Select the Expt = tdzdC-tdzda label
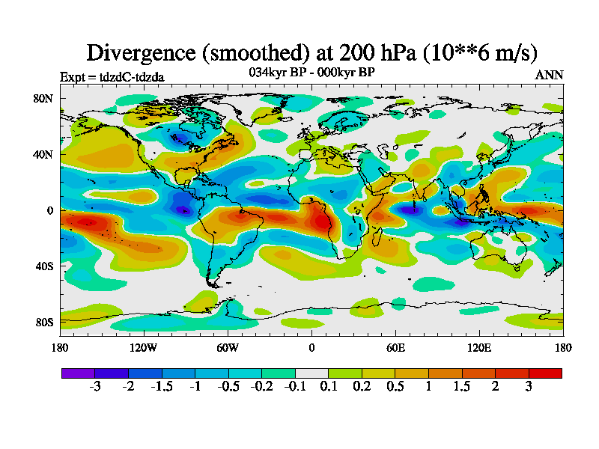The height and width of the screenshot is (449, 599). point(112,76)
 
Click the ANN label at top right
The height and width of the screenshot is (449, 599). point(549,75)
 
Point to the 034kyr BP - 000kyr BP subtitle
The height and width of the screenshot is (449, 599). point(311,72)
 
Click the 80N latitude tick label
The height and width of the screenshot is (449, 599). point(44,98)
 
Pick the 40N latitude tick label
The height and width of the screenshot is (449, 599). point(44,154)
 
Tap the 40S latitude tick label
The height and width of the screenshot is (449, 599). point(44,266)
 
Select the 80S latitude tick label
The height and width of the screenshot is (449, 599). point(44,322)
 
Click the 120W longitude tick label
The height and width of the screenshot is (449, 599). point(144,347)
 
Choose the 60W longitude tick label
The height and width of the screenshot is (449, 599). point(228,347)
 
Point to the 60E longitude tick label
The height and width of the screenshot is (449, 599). point(395,347)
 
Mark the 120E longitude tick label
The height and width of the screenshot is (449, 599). point(479,347)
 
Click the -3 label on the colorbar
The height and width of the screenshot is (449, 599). point(95,387)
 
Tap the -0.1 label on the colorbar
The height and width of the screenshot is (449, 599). point(295,387)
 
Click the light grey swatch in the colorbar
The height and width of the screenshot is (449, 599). point(311,373)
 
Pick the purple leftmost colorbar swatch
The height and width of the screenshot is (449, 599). point(78,373)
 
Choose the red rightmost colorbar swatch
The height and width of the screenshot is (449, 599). point(545,373)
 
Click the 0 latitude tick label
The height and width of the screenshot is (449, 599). point(50,210)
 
